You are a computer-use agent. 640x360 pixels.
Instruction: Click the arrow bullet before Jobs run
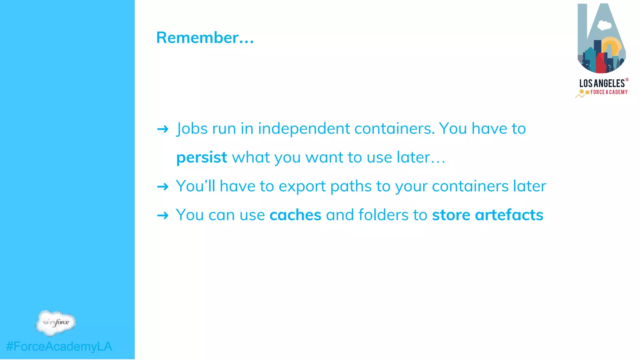[x=163, y=129]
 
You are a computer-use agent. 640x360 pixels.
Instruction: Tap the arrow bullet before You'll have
[x=163, y=187]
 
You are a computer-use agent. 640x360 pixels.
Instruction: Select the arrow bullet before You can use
[x=163, y=216]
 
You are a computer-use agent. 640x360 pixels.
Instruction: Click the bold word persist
[x=202, y=157]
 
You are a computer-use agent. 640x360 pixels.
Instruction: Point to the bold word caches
[x=295, y=215]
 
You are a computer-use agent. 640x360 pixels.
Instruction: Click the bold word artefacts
[x=509, y=215]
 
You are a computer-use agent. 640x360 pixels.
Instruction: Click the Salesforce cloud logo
[x=56, y=323]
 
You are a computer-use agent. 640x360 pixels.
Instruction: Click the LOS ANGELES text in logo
[x=602, y=83]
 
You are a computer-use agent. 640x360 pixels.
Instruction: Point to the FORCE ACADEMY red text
[x=609, y=92]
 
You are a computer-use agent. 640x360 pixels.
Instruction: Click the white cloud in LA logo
[x=604, y=25]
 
